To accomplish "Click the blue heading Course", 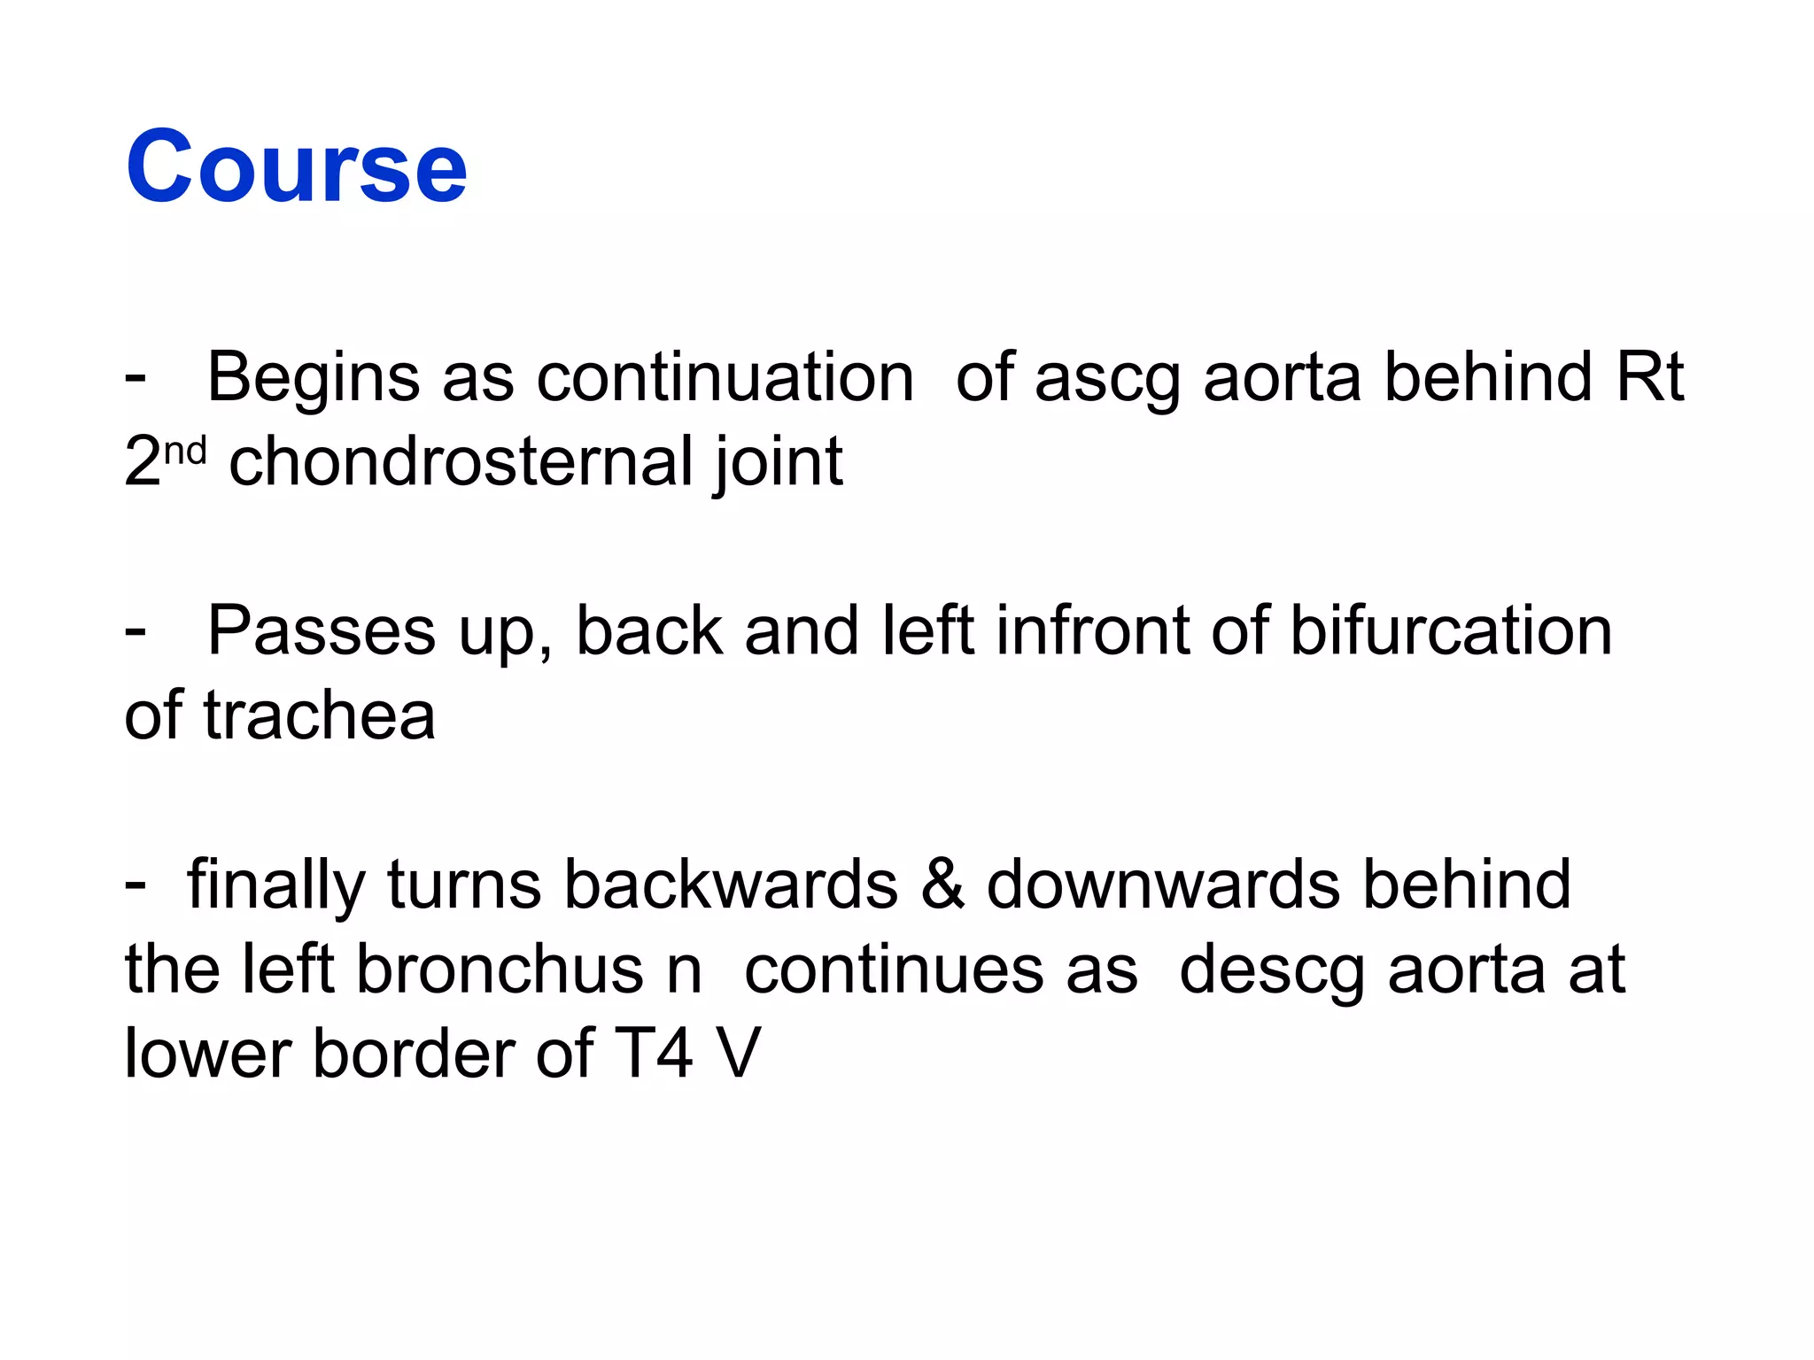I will pos(296,166).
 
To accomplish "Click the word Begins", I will pos(313,379).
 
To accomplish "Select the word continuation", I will pos(725,377).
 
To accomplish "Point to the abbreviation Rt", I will pos(1648,377).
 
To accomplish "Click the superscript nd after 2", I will pos(185,452).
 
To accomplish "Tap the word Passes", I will pos(321,631).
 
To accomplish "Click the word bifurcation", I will pos(1450,631).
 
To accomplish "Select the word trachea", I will pos(319,715).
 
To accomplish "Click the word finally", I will pos(275,886).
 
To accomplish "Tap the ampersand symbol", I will pos(942,885).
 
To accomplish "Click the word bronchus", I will pos(499,970).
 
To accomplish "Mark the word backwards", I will pos(731,885).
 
